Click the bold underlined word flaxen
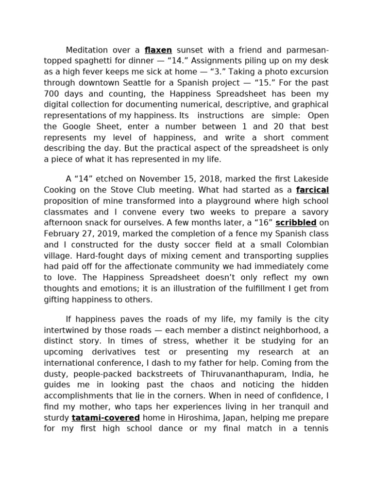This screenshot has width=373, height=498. [x=158, y=50]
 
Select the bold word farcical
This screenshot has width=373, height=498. [x=312, y=190]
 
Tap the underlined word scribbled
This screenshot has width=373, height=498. [x=296, y=223]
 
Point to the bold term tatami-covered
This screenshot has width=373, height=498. [x=106, y=418]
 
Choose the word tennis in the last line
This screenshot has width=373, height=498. [x=316, y=428]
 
